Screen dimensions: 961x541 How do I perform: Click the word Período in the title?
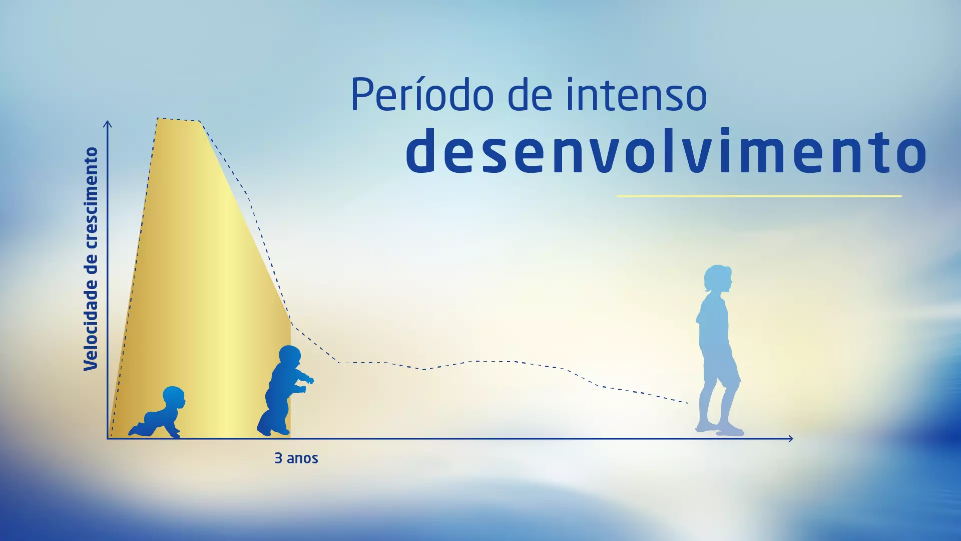(422, 94)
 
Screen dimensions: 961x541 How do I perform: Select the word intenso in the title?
(636, 94)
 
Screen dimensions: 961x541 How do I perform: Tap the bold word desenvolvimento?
(666, 150)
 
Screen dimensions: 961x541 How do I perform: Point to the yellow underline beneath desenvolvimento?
(759, 196)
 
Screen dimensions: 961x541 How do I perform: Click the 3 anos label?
(296, 458)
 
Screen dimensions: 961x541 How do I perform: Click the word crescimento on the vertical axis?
(91, 198)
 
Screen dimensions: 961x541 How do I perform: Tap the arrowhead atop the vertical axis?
(107, 123)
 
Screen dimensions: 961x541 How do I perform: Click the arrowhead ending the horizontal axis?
(790, 439)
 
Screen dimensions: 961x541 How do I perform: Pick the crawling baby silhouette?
(157, 412)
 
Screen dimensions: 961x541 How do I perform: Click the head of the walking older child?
(718, 279)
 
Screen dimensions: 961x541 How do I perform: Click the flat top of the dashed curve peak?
(179, 120)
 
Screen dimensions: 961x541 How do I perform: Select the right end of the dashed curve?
(688, 403)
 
